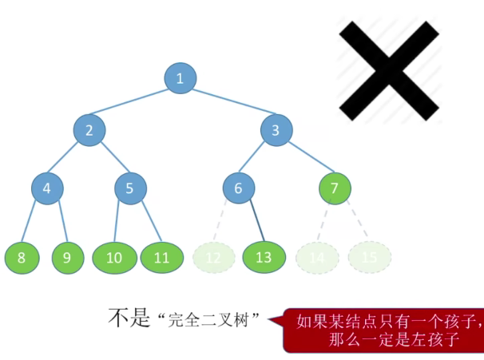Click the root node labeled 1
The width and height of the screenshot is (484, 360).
pyautogui.click(x=180, y=77)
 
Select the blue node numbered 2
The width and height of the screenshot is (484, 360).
pyautogui.click(x=89, y=130)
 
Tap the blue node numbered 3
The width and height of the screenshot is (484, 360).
pyautogui.click(x=276, y=130)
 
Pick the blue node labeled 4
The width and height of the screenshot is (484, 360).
pyautogui.click(x=47, y=188)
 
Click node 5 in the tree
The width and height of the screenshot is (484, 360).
pyautogui.click(x=129, y=188)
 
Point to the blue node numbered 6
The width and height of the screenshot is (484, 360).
pyautogui.click(x=238, y=188)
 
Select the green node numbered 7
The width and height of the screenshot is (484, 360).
pyautogui.click(x=335, y=188)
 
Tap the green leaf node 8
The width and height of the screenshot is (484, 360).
pyautogui.click(x=21, y=257)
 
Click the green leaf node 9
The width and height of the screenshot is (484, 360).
pyautogui.click(x=68, y=257)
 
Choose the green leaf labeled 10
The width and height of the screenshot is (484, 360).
pyautogui.click(x=114, y=257)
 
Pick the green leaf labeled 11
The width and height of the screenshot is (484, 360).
pyautogui.click(x=162, y=257)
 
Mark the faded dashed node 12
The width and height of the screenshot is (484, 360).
pyautogui.click(x=213, y=257)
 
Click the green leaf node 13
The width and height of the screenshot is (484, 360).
pyautogui.click(x=264, y=257)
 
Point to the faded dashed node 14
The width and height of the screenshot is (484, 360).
pyautogui.click(x=317, y=257)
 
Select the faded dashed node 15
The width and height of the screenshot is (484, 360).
pyautogui.click(x=369, y=257)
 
